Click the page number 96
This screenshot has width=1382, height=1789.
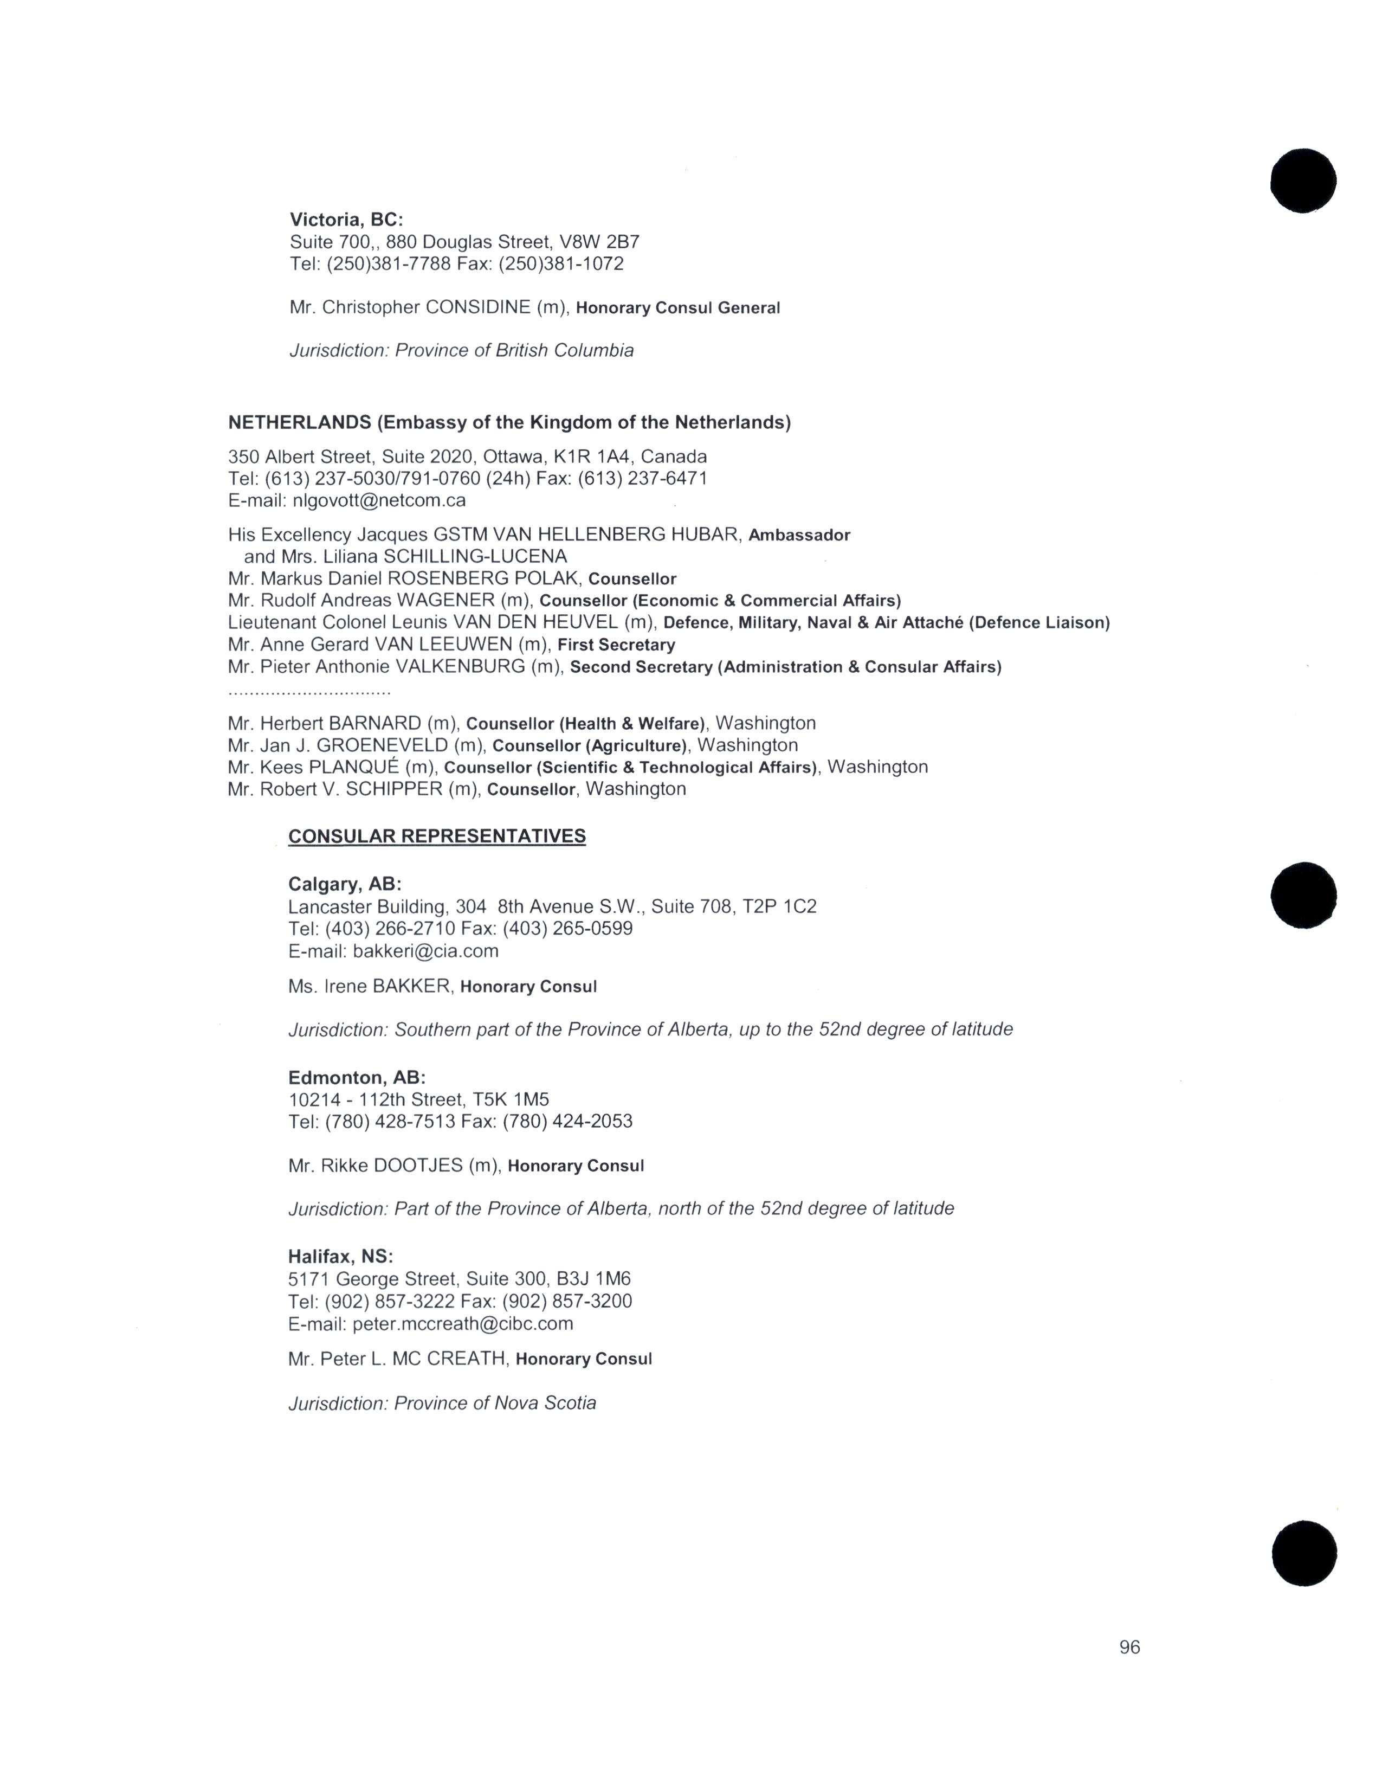coord(1129,1648)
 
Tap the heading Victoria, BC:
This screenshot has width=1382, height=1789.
coord(346,220)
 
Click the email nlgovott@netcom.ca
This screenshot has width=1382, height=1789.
coord(379,500)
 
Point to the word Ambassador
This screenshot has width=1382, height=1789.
coord(799,535)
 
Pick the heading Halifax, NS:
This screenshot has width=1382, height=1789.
coord(340,1257)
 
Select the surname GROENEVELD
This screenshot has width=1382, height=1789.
coord(382,745)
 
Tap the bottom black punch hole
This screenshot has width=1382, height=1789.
coord(1304,1553)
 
